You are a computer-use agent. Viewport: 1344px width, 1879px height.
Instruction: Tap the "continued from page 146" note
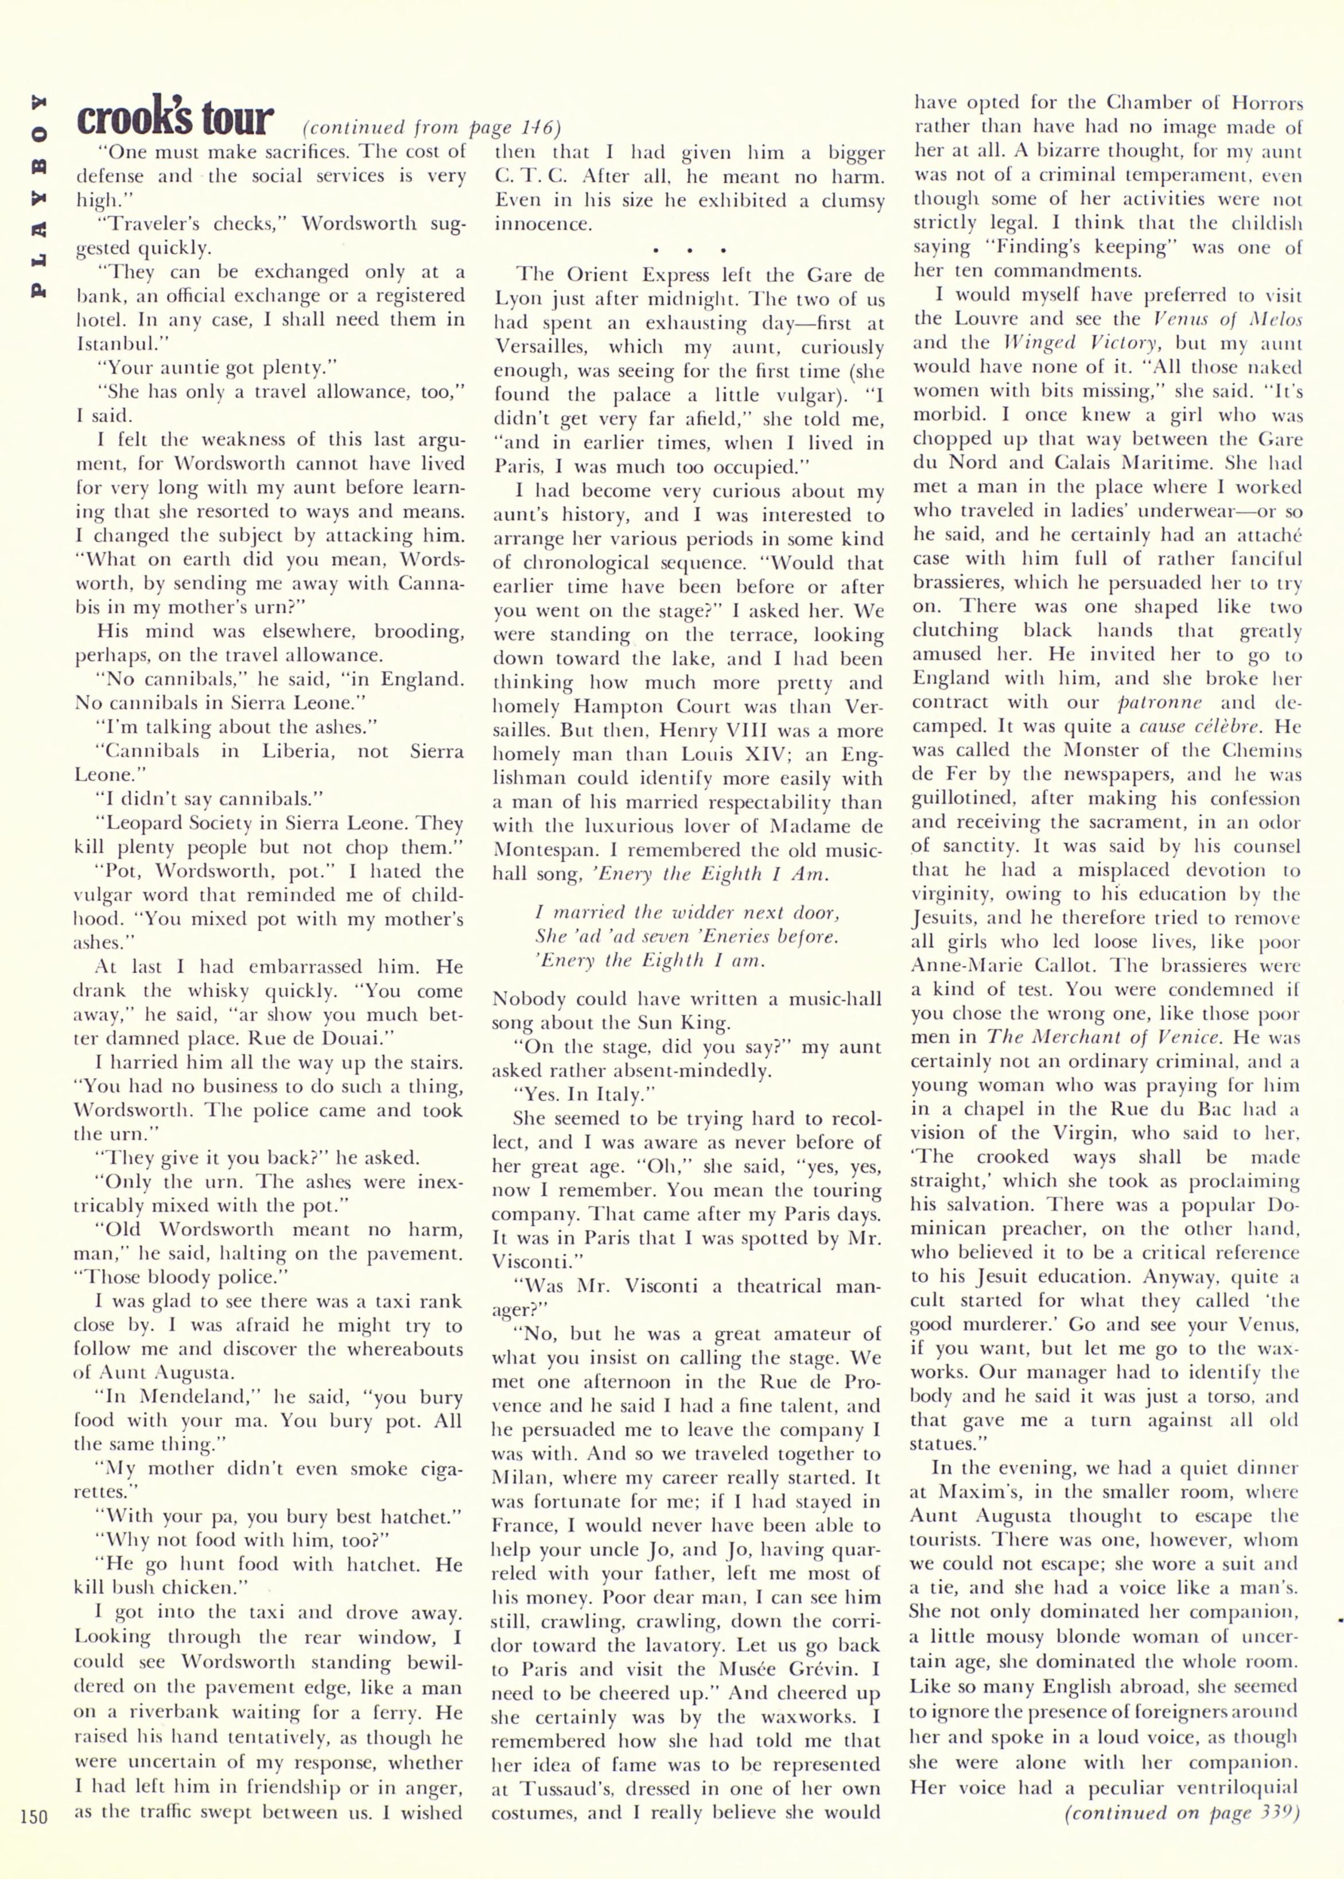pyautogui.click(x=431, y=129)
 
